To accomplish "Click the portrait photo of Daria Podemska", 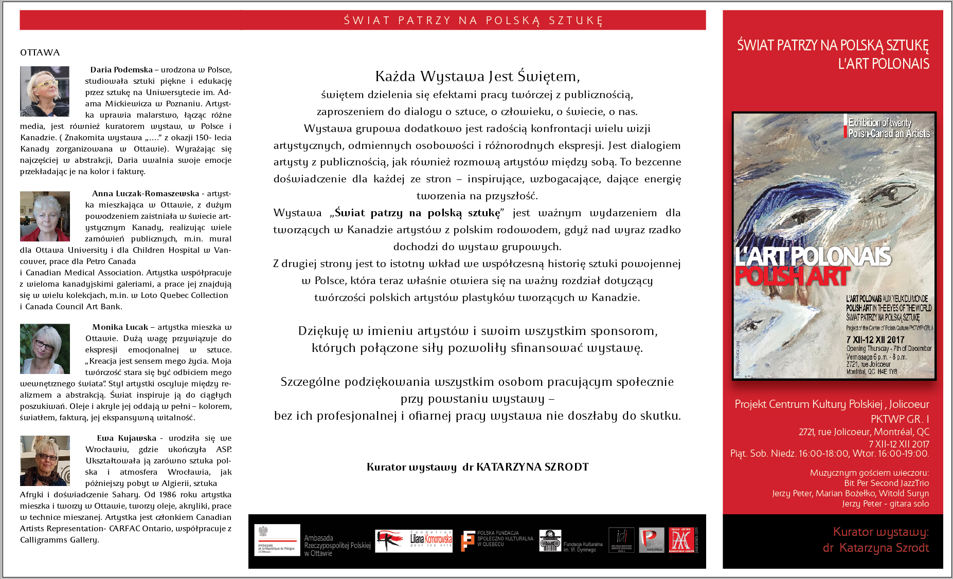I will tap(45, 91).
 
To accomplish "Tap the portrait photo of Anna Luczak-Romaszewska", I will tap(45, 216).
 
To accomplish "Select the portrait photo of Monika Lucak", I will tap(45, 349).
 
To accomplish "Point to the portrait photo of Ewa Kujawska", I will tap(45, 460).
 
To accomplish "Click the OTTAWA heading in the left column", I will tap(40, 52).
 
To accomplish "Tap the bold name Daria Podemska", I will tap(121, 70).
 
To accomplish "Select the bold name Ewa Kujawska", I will tap(127, 438).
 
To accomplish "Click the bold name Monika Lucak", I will tap(120, 327).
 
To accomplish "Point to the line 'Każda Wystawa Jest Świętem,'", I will tap(477, 77).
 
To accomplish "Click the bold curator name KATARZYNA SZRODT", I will tap(532, 467).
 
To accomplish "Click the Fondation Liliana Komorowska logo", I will tap(414, 541).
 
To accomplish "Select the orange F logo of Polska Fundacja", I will tap(468, 541).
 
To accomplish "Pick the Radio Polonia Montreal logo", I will tap(652, 540).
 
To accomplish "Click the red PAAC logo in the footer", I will tap(681, 540).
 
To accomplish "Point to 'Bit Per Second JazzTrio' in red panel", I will tap(886, 483).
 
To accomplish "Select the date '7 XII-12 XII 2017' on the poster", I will tap(875, 340).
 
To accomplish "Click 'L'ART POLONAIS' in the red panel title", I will tap(884, 64).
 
